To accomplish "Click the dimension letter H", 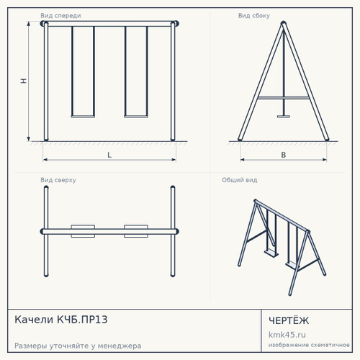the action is pos(23,81).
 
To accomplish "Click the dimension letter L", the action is pos(109,155).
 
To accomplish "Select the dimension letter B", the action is pos(284,155).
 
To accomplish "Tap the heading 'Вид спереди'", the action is pos(60,16).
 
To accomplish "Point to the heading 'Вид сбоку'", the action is pos(254,16).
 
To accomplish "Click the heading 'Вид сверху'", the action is pos(58,180).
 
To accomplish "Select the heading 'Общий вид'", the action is pos(240,180).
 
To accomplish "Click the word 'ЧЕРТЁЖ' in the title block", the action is pos(289,320).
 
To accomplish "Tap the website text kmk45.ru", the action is pos(287,335).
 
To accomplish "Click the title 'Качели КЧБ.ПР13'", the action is pos(61,320).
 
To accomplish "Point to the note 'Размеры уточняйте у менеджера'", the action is pos(78,346).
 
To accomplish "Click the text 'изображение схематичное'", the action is pos(309,345).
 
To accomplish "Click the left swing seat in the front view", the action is pos(83,117).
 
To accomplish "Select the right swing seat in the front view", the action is pos(136,117).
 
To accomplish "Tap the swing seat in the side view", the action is pos(284,117).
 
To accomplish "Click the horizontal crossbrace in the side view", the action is pos(284,98).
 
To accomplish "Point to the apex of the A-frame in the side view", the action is pos(284,23).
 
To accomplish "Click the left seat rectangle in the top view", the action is pos(83,231).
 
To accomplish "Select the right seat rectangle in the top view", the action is pos(136,231).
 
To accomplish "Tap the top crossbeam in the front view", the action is pos(109,24).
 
